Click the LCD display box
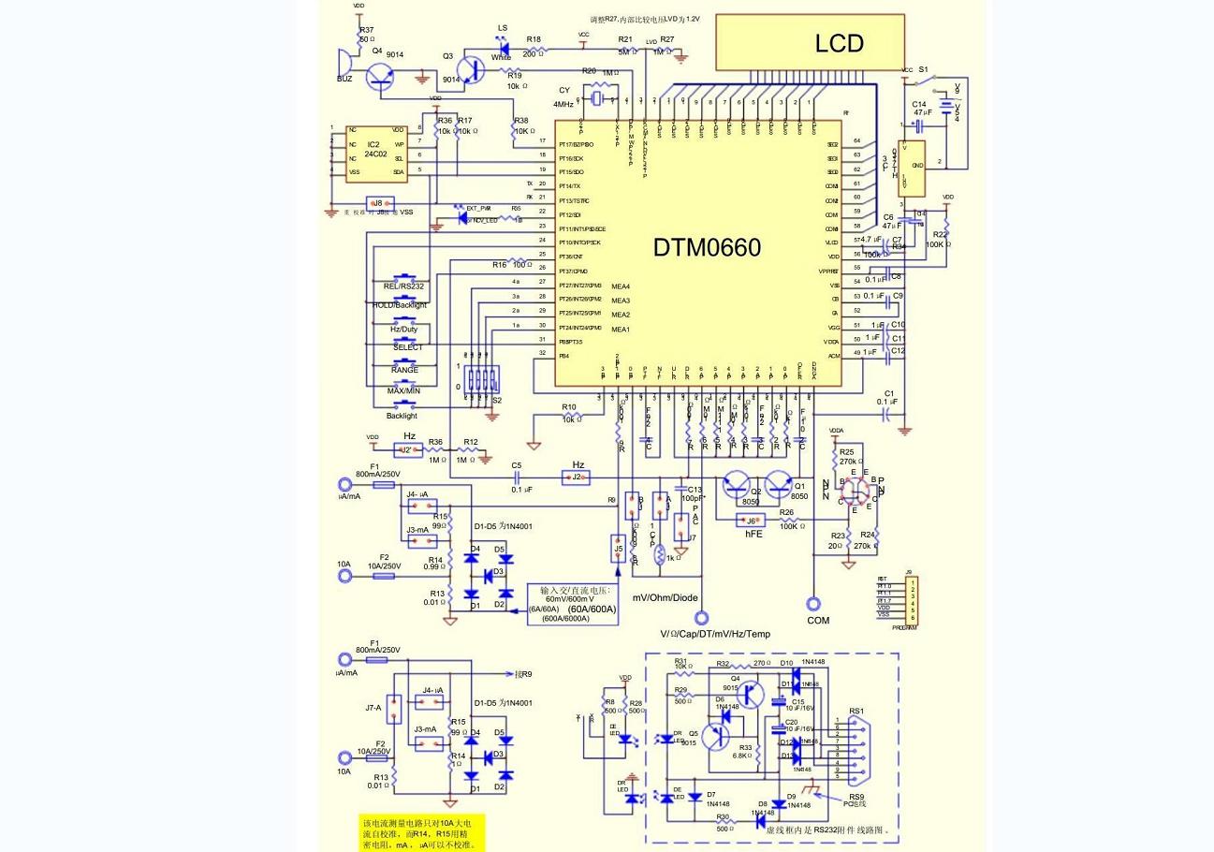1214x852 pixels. pos(810,43)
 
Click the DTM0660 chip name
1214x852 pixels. pos(707,247)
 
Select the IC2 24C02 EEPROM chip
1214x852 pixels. pos(373,152)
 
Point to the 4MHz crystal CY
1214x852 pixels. pos(596,97)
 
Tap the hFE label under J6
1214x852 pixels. pos(753,534)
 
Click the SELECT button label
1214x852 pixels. pos(407,347)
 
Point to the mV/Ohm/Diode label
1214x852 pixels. pos(666,597)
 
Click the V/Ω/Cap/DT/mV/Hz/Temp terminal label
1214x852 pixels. pos(715,634)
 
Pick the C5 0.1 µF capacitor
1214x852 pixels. pos(515,477)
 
